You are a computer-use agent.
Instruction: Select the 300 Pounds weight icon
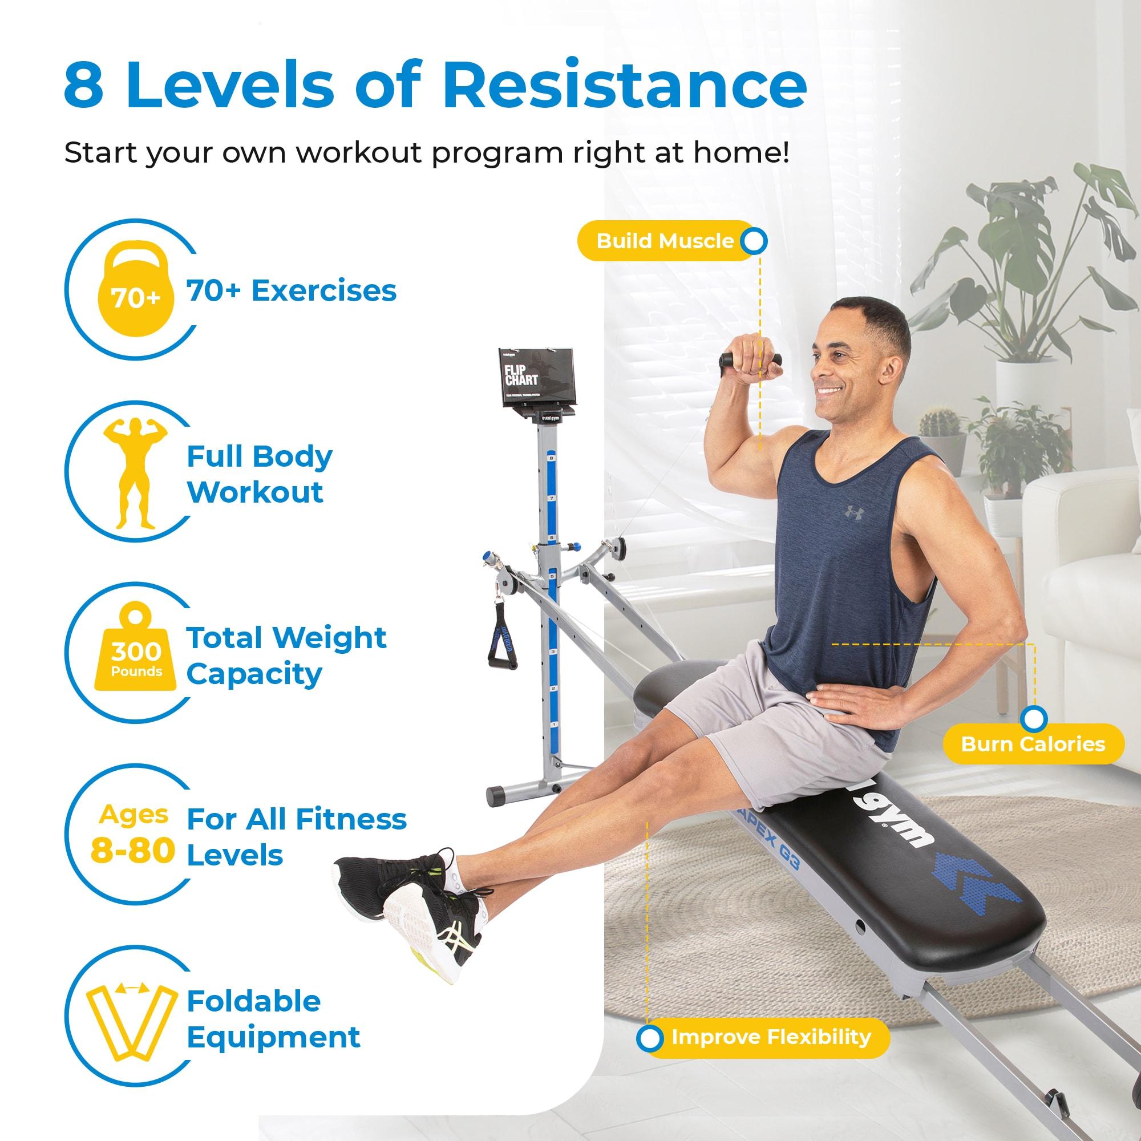pyautogui.click(x=136, y=652)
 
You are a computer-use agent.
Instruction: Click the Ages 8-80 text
pyautogui.click(x=133, y=835)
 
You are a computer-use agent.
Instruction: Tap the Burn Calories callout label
pyautogui.click(x=1033, y=744)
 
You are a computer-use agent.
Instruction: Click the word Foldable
pyautogui.click(x=253, y=1002)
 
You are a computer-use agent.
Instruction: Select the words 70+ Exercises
pyautogui.click(x=291, y=290)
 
